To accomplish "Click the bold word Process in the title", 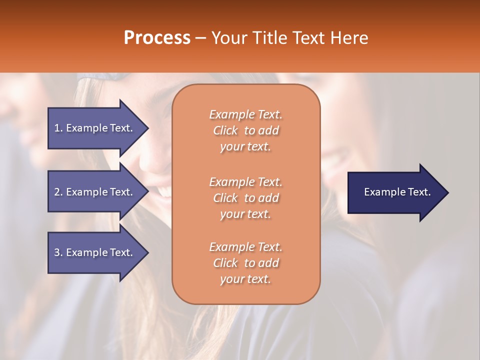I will [157, 38].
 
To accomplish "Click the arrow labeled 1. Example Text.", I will [95, 128].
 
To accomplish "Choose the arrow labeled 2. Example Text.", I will [95, 192].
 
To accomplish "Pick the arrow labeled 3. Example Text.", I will [95, 252].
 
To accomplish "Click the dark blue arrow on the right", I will [395, 192].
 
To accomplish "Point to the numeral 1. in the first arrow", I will [58, 128].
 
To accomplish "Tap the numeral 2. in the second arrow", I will [58, 192].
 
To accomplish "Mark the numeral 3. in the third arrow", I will [58, 252].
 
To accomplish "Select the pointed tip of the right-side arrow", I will [446, 192].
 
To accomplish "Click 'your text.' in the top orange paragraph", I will [245, 146].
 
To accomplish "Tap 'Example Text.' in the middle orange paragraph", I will [245, 182].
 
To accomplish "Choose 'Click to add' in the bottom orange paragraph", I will [245, 263].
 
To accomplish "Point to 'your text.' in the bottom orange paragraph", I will [245, 279].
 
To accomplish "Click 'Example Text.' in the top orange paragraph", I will [245, 114].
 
